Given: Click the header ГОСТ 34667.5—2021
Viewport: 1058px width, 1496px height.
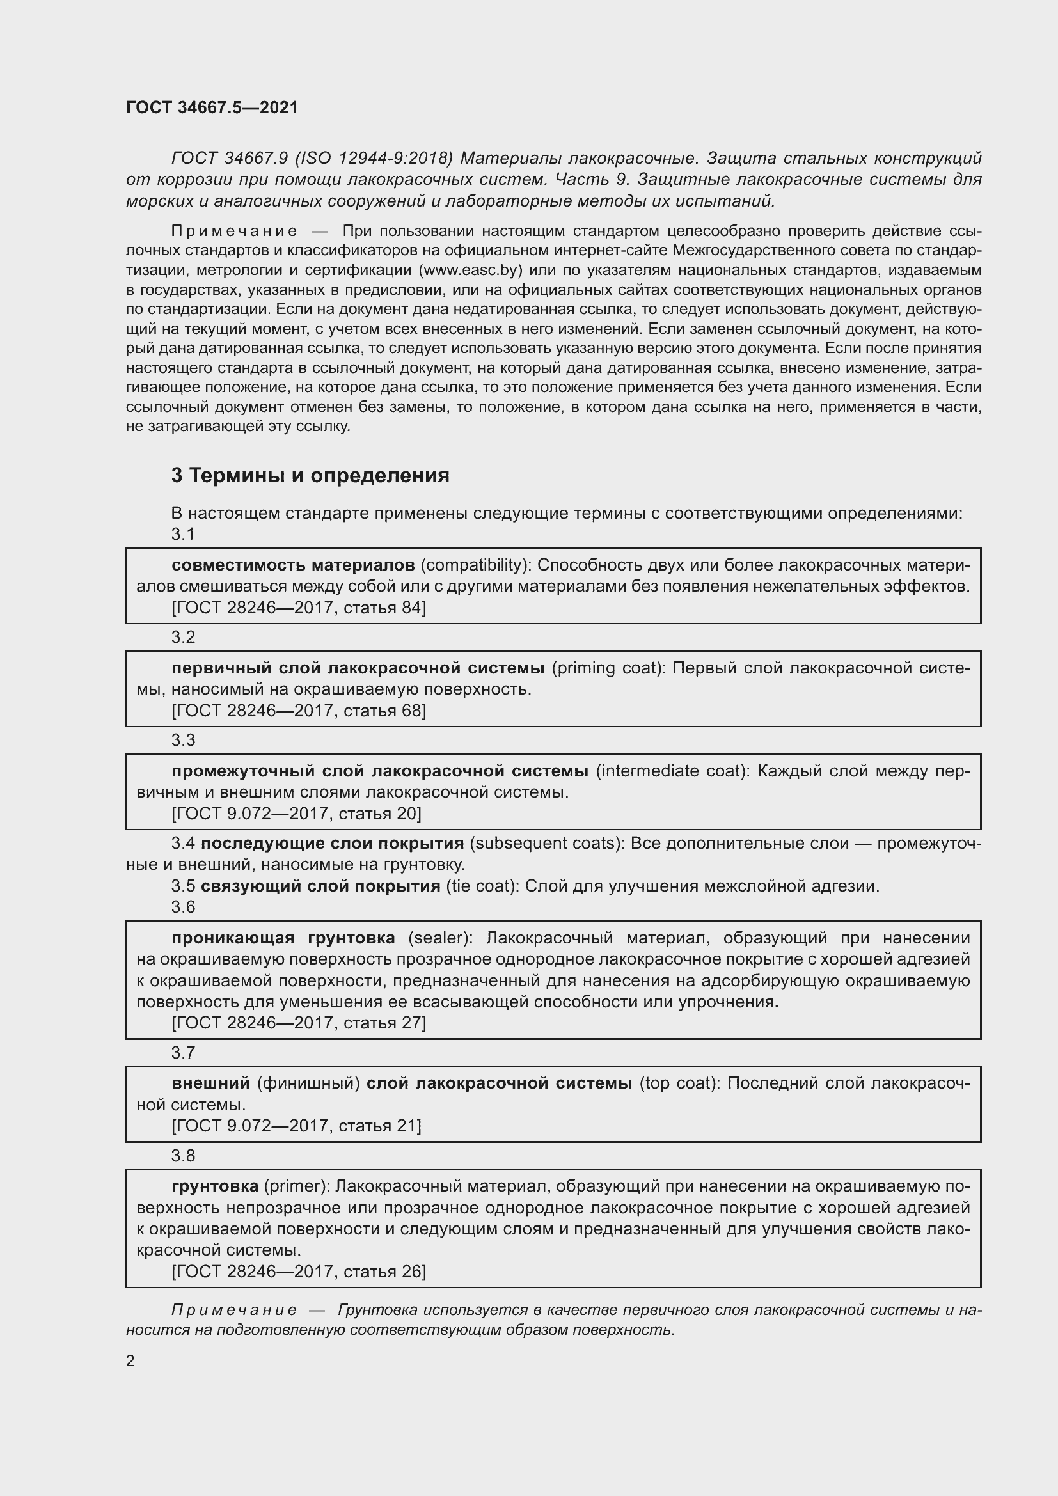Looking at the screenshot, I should [212, 107].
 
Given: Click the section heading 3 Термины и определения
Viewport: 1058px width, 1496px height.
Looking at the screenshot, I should [310, 476].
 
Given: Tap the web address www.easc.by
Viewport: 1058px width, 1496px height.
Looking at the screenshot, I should [470, 271].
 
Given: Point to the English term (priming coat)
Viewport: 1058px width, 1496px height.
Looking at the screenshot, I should [606, 668].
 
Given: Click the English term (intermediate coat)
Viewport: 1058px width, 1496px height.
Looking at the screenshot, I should [672, 771].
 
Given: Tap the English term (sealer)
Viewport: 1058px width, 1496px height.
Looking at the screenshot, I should [439, 938].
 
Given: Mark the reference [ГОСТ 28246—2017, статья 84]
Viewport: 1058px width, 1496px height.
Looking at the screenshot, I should [298, 608].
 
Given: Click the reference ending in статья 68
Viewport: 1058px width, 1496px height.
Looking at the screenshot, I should [298, 711].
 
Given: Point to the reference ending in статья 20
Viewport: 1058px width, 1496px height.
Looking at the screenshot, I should [296, 814].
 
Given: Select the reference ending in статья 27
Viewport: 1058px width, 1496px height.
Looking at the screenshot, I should [298, 1023].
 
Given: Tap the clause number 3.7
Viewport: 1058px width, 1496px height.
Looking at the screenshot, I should [183, 1053].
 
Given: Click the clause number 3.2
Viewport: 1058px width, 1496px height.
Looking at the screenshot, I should [183, 637].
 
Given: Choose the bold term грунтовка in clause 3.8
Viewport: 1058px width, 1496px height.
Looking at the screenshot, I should [215, 1186].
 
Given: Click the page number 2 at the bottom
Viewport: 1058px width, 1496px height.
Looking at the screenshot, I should [130, 1361].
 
